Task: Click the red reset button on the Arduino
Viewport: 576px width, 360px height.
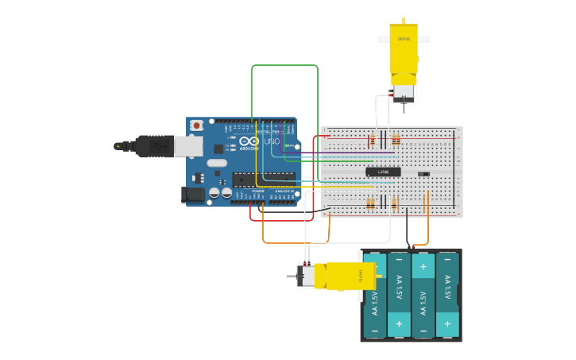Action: tap(196, 126)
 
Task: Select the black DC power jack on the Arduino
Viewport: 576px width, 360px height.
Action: tap(193, 194)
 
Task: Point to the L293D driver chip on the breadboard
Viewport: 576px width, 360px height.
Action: tap(383, 172)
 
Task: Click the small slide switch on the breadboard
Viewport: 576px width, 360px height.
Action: tap(424, 173)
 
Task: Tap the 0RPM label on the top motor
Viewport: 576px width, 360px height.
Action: tap(404, 39)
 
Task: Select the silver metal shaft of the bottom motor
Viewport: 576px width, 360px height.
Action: tap(291, 277)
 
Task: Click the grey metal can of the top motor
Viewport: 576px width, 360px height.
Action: tap(404, 94)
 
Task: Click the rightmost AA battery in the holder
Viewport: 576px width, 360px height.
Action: tap(447, 295)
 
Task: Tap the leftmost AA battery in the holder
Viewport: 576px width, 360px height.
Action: tap(375, 295)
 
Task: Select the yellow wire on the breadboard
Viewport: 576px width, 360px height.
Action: tap(350, 184)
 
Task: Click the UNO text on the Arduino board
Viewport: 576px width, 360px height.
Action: tap(272, 142)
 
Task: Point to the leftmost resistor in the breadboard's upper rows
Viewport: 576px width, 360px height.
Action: tap(372, 141)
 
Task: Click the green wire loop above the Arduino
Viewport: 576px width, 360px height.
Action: tap(284, 66)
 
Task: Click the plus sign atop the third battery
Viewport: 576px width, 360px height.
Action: tap(423, 266)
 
